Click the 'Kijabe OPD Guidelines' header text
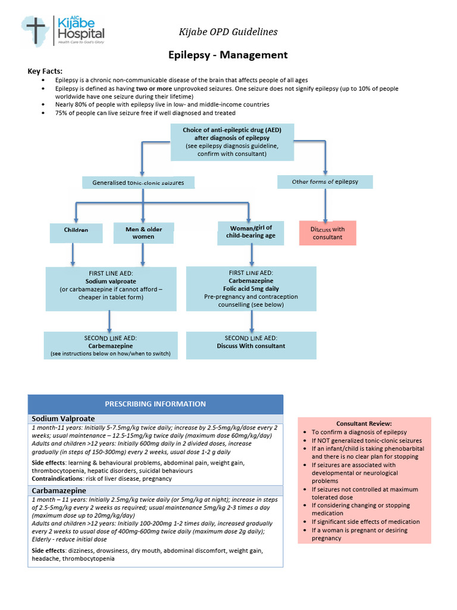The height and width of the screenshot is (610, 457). [x=228, y=32]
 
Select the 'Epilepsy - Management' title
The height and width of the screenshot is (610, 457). [x=228, y=55]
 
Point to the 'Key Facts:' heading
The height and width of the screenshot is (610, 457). [x=45, y=71]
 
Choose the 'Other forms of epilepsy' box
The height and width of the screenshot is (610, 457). [x=325, y=182]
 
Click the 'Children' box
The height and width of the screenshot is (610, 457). [x=76, y=229]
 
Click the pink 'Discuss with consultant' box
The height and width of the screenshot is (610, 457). [x=327, y=233]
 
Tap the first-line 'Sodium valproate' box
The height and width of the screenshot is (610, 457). [x=111, y=289]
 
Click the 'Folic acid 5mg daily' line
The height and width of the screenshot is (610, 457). [x=251, y=288]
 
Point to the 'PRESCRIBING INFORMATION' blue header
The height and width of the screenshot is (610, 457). [x=155, y=404]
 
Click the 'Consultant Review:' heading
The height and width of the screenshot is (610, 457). [x=364, y=423]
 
